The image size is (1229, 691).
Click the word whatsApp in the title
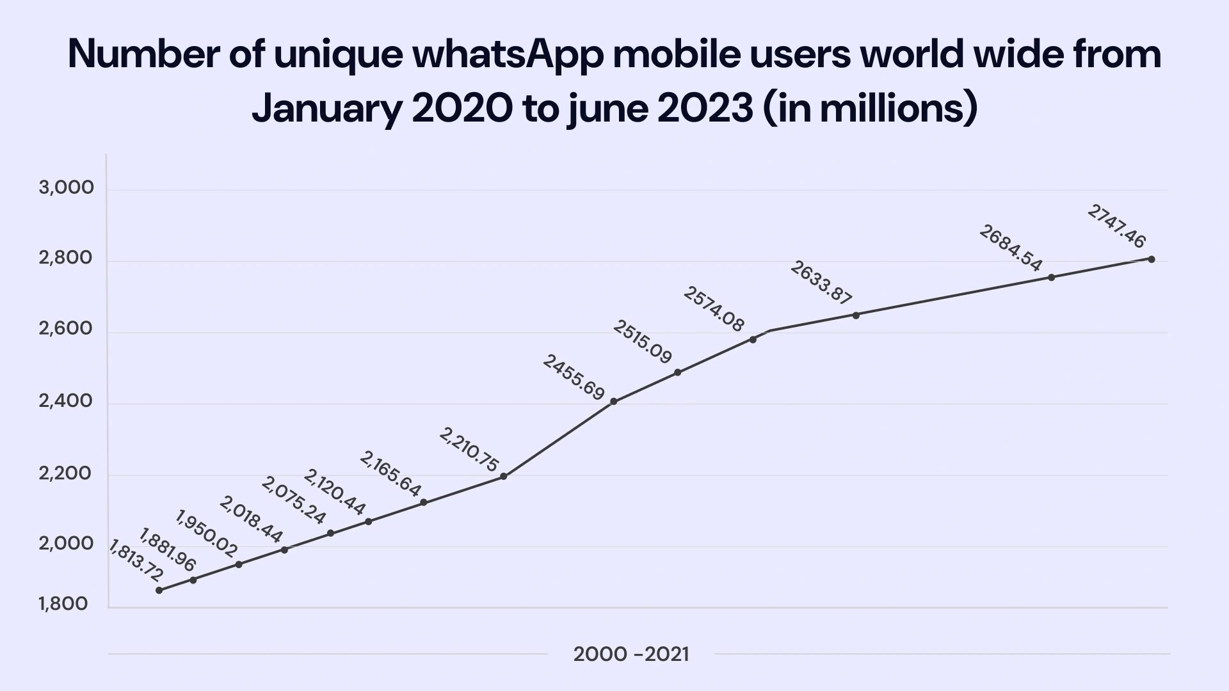tap(508, 55)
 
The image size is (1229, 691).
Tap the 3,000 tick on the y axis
tap(67, 187)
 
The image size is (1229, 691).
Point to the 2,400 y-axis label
tap(66, 401)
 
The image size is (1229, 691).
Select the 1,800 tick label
tap(63, 603)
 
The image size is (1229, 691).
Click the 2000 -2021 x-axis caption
tap(631, 655)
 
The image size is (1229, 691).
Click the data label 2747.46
tap(1116, 226)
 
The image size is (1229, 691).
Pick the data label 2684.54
tap(1011, 248)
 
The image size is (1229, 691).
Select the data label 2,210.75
tap(469, 450)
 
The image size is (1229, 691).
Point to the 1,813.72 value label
tap(136, 560)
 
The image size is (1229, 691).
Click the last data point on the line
tap(1151, 259)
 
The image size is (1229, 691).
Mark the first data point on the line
tap(159, 590)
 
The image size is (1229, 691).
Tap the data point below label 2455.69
tap(613, 401)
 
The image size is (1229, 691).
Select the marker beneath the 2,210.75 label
tap(503, 476)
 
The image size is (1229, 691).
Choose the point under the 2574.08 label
tap(753, 339)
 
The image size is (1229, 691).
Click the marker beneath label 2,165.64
tap(423, 502)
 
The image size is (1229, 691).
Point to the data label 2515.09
tap(642, 342)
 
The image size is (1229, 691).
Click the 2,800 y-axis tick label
tap(66, 258)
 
